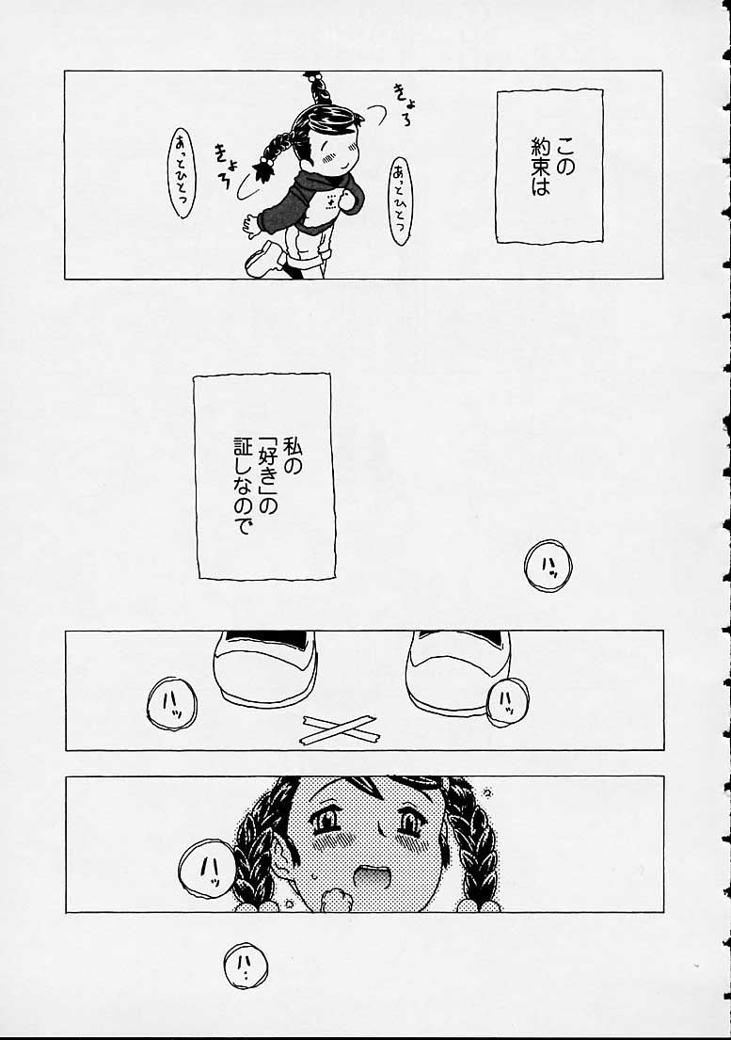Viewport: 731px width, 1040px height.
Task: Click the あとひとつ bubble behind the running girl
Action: [x=180, y=173]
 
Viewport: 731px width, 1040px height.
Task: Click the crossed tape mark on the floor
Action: [x=339, y=727]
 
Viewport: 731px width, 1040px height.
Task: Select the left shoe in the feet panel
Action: [x=264, y=665]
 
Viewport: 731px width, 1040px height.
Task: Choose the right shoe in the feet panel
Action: [x=457, y=668]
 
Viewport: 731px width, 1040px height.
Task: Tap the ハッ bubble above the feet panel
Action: [x=548, y=566]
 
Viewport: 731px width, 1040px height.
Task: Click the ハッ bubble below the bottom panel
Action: [x=246, y=966]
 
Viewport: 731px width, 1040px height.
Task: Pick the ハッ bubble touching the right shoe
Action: [x=505, y=701]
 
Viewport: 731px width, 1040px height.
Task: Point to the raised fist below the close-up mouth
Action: [x=334, y=899]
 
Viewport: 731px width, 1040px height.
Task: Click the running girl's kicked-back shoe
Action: [x=263, y=257]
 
